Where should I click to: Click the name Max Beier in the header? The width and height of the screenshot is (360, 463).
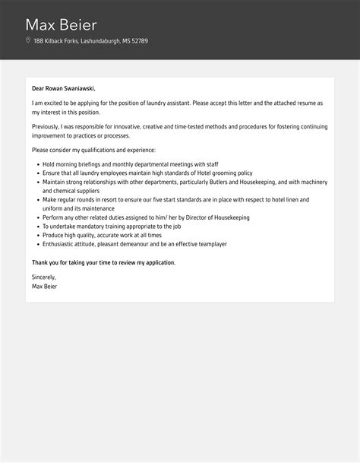tap(62, 24)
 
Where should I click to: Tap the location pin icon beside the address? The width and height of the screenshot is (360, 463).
tap(28, 41)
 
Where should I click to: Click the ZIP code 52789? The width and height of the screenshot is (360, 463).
tap(138, 41)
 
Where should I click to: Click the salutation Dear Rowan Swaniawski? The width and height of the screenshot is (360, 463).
tap(64, 88)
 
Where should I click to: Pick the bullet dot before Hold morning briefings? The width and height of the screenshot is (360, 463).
tap(37, 163)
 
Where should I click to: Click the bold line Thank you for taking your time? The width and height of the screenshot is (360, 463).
tap(103, 262)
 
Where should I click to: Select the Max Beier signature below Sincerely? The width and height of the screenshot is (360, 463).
tap(44, 287)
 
